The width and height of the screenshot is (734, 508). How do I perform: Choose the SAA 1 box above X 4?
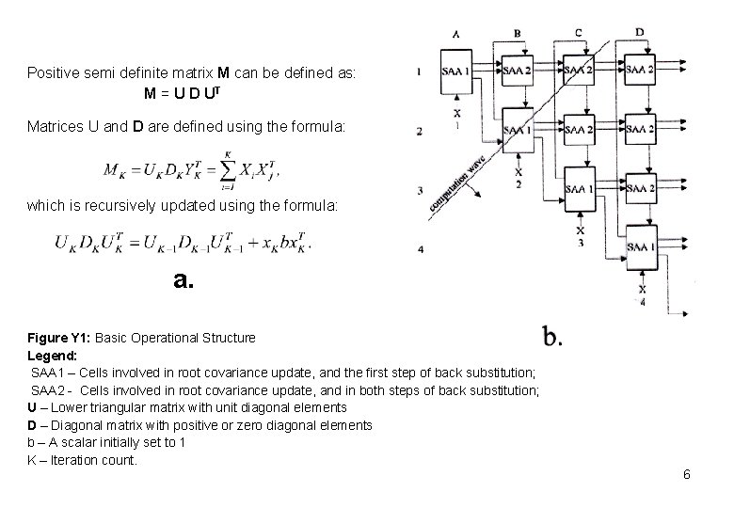coord(639,246)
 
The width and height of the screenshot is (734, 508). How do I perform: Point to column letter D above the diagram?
coord(640,33)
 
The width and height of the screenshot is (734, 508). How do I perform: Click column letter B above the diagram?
coord(518,34)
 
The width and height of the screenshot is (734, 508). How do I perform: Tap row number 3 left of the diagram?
coord(420,191)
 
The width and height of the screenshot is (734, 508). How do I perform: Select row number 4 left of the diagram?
coord(420,249)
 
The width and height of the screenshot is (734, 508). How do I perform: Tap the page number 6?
coord(687,474)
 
